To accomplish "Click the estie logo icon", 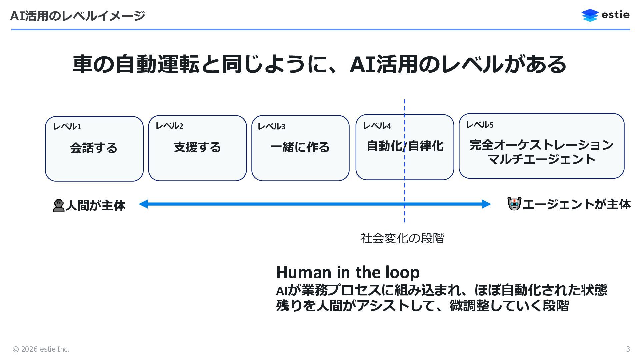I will pos(590,15).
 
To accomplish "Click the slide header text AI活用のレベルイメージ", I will pos(78,16).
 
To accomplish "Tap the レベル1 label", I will pos(67,127).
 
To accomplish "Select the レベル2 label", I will pos(169,126).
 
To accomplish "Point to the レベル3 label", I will pos(271,127).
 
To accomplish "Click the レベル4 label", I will pos(377,126).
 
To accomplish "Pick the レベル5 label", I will pos(479,125).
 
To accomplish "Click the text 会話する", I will pos(94,148).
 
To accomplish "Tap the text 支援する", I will pos(197,147).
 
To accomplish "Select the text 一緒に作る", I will pos(300,147).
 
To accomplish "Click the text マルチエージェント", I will pos(541,159).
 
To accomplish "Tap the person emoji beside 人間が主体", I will pos(59,205).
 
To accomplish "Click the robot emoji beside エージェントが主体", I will pos(514,204).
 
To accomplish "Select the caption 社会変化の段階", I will pos(402,238).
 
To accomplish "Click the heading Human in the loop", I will pos(348,272).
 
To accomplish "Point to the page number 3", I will pos(628,349).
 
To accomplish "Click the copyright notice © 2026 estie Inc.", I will pos(41,349).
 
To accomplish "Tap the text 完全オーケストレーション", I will pos(541,145).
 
